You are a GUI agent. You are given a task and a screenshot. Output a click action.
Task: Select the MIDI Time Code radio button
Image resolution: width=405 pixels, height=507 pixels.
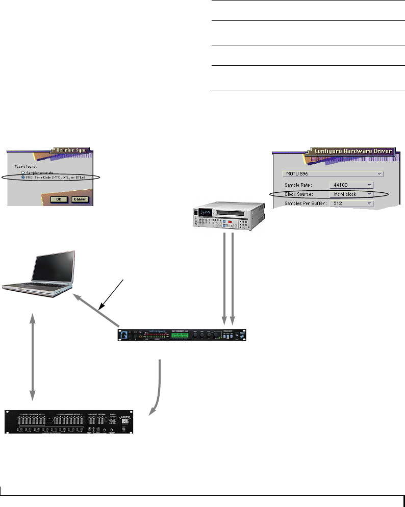click(x=23, y=178)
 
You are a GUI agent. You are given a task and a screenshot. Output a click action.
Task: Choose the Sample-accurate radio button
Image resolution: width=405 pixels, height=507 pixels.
click(x=23, y=173)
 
